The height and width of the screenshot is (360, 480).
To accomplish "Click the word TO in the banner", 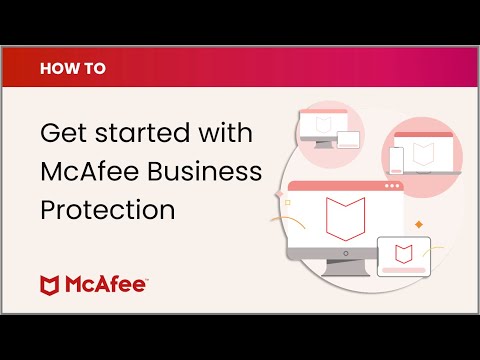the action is [x=95, y=68].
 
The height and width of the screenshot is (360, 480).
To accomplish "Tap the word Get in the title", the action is [x=64, y=133].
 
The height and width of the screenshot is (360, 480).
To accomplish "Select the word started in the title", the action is [x=142, y=133].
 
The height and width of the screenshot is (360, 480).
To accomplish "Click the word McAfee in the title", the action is [x=90, y=171].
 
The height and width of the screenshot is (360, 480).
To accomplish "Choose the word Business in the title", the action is [x=204, y=171].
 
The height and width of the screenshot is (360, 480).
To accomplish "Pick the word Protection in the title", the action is [x=108, y=209].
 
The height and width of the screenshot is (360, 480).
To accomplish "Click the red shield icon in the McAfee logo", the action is [x=49, y=285].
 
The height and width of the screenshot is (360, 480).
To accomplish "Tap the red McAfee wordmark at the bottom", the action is [x=106, y=284].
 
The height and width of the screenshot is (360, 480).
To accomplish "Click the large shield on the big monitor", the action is [x=345, y=218].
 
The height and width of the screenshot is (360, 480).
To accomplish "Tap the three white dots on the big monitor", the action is [x=392, y=186].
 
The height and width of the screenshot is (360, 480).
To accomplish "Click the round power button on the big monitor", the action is [x=346, y=254].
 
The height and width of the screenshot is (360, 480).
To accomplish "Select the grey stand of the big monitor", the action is [x=346, y=268].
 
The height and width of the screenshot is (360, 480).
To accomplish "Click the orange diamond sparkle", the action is [x=419, y=225].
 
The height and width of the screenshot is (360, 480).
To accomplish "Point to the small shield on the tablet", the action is [x=404, y=254].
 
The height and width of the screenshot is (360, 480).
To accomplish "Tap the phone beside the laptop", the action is [x=396, y=161].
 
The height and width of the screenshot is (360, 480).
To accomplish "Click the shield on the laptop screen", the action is [x=423, y=154].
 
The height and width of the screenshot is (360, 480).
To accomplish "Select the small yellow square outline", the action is [x=288, y=202].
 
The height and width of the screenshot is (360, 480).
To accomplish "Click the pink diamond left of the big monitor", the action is [x=279, y=194].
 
